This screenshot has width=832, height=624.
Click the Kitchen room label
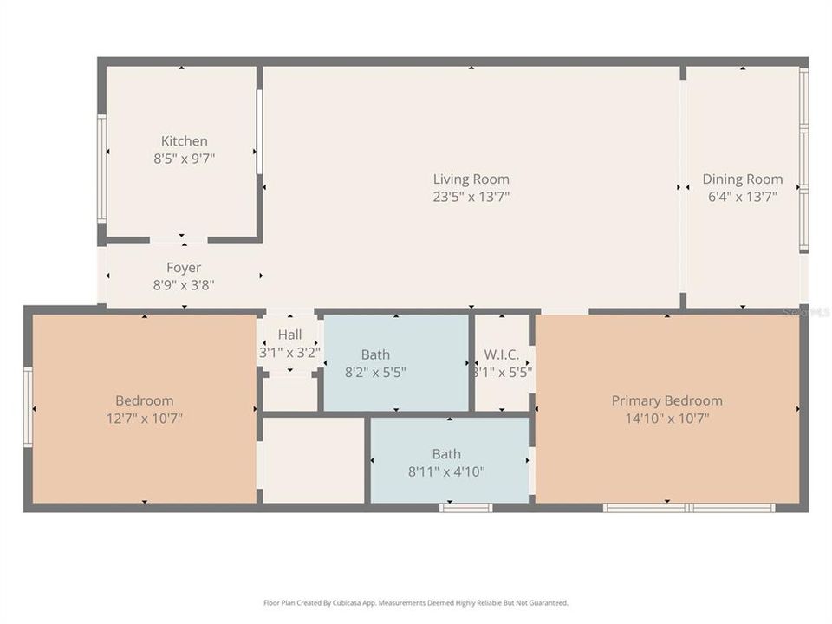click(x=184, y=141)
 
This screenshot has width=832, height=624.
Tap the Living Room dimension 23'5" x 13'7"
click(x=471, y=197)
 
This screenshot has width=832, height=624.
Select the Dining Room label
click(x=742, y=179)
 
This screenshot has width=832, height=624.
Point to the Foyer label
click(x=184, y=268)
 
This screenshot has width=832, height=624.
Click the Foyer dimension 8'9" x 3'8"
click(x=184, y=284)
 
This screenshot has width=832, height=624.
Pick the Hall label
click(x=289, y=335)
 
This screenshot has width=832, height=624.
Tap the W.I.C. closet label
click(x=502, y=354)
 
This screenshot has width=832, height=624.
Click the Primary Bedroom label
click(x=666, y=400)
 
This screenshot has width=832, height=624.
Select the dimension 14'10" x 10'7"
click(x=666, y=418)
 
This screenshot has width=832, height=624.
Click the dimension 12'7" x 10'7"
click(x=144, y=418)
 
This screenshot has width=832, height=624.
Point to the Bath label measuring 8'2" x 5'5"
click(x=375, y=354)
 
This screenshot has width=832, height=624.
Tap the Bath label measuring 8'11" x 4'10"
click(x=446, y=454)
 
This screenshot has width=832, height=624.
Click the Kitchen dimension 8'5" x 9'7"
click(x=184, y=159)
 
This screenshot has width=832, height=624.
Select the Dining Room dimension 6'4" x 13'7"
click(x=742, y=197)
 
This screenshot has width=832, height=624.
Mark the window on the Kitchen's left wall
click(x=101, y=169)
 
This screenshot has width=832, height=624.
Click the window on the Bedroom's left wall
click(x=28, y=407)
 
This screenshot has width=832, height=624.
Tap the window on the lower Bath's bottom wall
click(x=465, y=507)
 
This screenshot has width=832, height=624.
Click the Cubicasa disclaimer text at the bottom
click(x=416, y=602)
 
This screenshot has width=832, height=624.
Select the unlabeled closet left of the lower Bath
click(x=313, y=459)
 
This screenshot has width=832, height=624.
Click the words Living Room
click(x=471, y=179)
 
